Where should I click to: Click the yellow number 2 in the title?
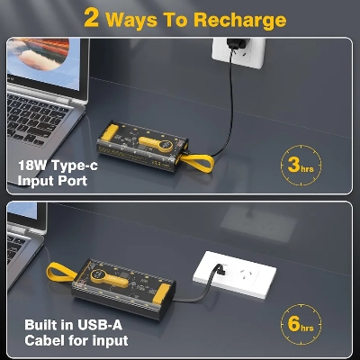[x=92, y=19]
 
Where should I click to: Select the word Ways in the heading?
[x=138, y=19]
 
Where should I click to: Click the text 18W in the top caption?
[x=34, y=166]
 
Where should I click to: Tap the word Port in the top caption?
[x=71, y=181]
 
